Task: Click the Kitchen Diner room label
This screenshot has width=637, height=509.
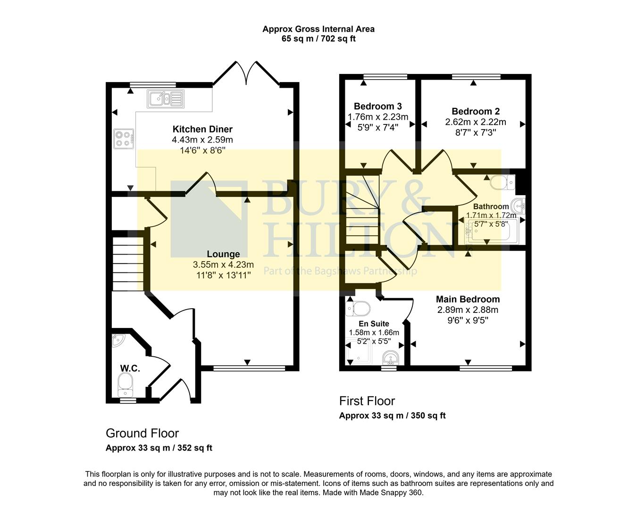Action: tap(202, 129)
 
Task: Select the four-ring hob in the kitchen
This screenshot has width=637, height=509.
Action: tap(124, 138)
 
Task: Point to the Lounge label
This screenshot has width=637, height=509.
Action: tap(223, 254)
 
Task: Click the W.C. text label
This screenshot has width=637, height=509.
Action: tap(130, 368)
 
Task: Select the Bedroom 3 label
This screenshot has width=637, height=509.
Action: tap(377, 106)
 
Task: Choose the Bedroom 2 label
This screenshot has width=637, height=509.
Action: tap(475, 111)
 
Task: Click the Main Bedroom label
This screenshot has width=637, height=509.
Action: tap(468, 299)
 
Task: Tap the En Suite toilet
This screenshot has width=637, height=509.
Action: tap(359, 309)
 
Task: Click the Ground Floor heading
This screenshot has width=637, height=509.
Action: tap(142, 433)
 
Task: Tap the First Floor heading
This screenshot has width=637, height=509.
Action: tap(367, 401)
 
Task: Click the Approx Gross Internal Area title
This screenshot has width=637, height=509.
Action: tap(318, 29)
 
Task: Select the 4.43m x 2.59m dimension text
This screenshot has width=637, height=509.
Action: tap(202, 140)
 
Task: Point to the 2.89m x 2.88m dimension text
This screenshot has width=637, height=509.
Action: tap(468, 310)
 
